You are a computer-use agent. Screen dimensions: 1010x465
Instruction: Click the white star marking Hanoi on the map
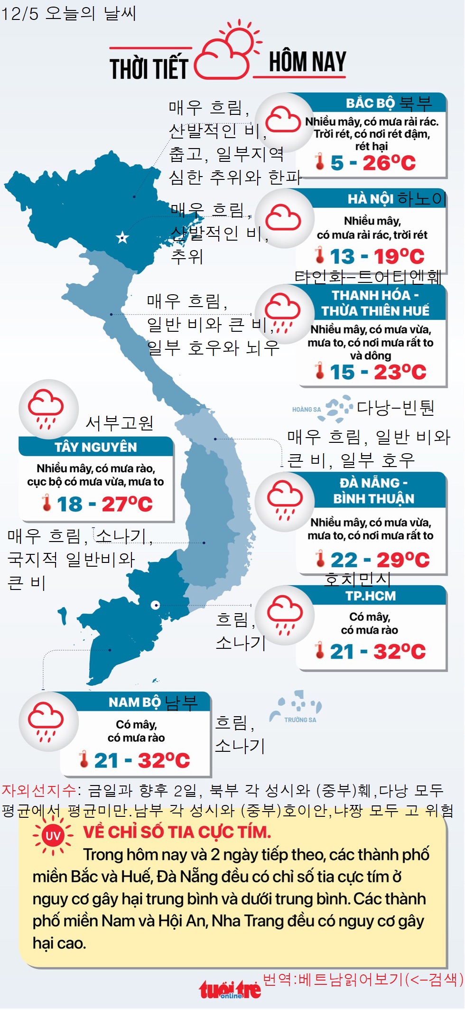point(122,237)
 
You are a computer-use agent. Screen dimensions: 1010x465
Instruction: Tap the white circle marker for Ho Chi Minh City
point(155,605)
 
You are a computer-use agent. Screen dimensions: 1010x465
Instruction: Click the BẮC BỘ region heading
point(370,103)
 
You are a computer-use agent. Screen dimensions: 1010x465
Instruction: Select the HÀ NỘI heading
point(371,198)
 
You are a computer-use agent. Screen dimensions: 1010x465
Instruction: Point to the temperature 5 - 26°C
point(373,163)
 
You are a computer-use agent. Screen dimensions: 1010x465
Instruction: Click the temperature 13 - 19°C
point(377,256)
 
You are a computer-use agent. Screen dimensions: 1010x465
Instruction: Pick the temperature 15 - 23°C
point(378,372)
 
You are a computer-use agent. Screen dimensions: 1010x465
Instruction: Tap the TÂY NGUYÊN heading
point(96,447)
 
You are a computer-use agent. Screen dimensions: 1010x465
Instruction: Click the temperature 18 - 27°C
point(104,504)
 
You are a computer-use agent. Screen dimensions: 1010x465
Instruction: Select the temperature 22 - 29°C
point(380,560)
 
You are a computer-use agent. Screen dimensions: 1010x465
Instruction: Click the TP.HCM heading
point(371,596)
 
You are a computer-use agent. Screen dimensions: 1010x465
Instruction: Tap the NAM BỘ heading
point(135,702)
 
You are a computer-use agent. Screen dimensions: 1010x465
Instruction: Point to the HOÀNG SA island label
point(307,409)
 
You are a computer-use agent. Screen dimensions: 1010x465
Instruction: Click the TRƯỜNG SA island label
point(300,720)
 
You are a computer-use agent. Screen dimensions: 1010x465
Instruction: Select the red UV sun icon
point(53,835)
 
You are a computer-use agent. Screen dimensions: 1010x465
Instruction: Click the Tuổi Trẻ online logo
point(230,990)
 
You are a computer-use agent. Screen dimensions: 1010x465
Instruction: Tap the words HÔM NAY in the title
point(307,62)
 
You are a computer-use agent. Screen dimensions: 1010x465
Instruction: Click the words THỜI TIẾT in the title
point(149,68)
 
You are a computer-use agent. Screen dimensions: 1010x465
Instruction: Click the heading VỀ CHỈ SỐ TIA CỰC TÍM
point(177,832)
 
